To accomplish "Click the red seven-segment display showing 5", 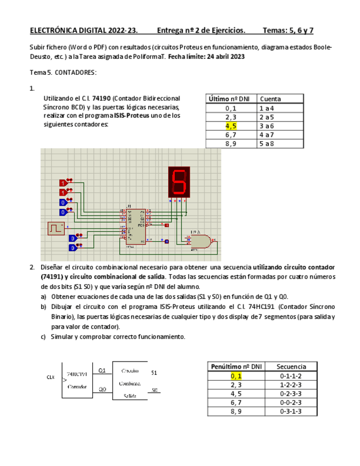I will click(x=179, y=182).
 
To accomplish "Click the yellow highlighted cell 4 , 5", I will click(x=231, y=126).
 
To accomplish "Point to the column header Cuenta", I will click(x=270, y=99).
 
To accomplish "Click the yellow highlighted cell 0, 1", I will click(x=236, y=376).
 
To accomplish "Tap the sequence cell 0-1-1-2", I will click(x=291, y=376).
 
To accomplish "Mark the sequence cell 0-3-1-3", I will click(x=291, y=411).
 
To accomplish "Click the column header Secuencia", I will click(x=291, y=367).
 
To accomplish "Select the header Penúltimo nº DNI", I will click(x=236, y=367).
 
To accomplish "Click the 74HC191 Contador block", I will click(x=77, y=380).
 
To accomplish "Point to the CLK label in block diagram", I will click(x=50, y=377).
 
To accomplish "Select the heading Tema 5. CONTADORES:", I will click(x=63, y=73).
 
